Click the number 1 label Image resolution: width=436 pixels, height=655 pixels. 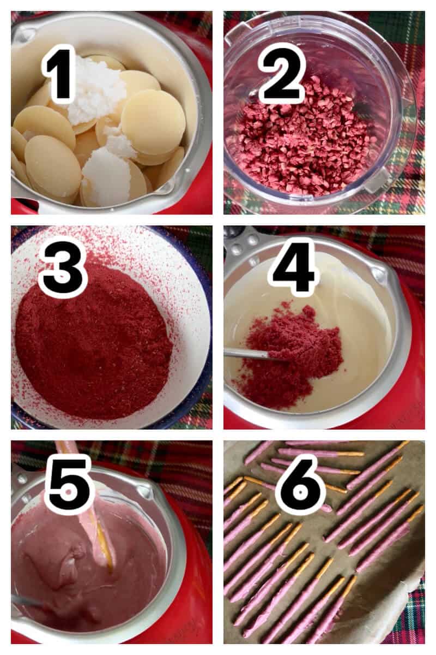coord(58,74)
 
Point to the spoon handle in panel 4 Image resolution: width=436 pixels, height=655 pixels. coord(245,354)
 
